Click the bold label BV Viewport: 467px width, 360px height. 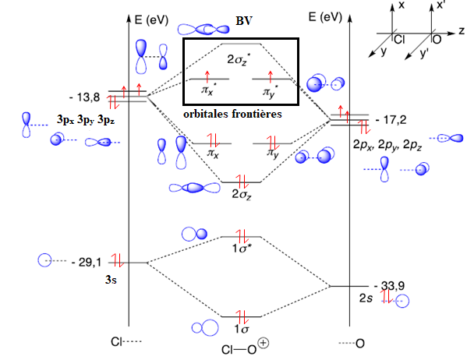click(244, 21)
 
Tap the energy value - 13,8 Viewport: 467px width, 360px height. click(85, 97)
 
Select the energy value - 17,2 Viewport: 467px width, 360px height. click(391, 120)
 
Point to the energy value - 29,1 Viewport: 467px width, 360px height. click(87, 262)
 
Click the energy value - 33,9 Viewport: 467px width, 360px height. click(389, 286)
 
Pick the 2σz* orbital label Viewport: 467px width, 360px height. click(237, 59)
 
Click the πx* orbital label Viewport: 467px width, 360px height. click(208, 90)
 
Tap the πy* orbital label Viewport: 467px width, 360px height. click(271, 91)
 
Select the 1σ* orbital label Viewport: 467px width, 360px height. click(241, 248)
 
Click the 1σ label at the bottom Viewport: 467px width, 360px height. click(241, 329)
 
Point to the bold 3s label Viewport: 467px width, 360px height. click(111, 279)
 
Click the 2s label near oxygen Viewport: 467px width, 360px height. click(366, 298)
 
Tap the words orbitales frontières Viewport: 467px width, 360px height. click(232, 114)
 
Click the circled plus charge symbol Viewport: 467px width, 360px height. click(264, 343)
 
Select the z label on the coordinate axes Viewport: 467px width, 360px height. click(462, 30)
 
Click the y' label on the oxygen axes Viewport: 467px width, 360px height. click(424, 53)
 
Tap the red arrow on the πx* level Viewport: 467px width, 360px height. click(207, 77)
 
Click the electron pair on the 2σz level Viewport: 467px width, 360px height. click(242, 182)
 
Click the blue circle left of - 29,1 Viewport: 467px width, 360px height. click(44, 260)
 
